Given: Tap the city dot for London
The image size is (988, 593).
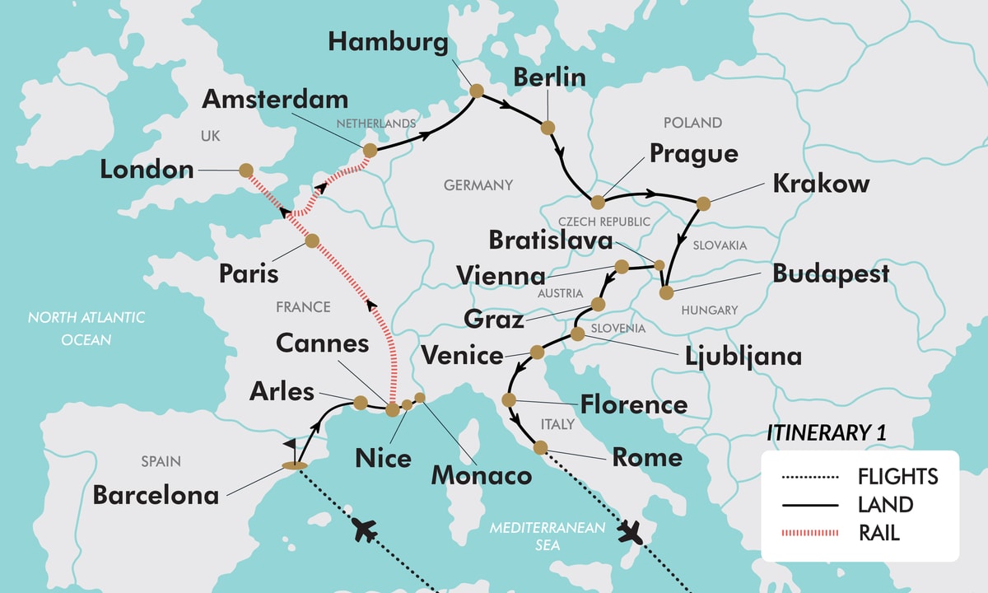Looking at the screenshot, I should pos(245,170).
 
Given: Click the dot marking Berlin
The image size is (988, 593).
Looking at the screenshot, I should pos(548,128).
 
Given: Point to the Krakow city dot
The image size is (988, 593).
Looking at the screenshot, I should pos(702,203).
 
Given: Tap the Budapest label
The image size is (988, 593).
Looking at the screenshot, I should pos(831,273).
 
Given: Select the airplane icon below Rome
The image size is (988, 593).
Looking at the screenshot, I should pos(632,534).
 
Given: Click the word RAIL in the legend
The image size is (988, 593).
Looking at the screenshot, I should pos(878,533).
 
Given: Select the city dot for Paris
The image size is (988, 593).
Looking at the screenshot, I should pos(311,240).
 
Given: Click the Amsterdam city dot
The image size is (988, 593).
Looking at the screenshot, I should pos(370,150).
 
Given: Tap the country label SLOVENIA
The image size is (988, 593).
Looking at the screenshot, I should pos(617,328).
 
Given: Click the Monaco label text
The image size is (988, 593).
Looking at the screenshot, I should pos(482,474).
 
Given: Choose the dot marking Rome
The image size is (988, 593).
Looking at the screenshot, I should pos(540,447).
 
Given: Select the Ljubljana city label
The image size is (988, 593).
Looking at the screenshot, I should pos(743,356).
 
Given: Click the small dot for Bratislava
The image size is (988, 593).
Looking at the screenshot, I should pos(659,264).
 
